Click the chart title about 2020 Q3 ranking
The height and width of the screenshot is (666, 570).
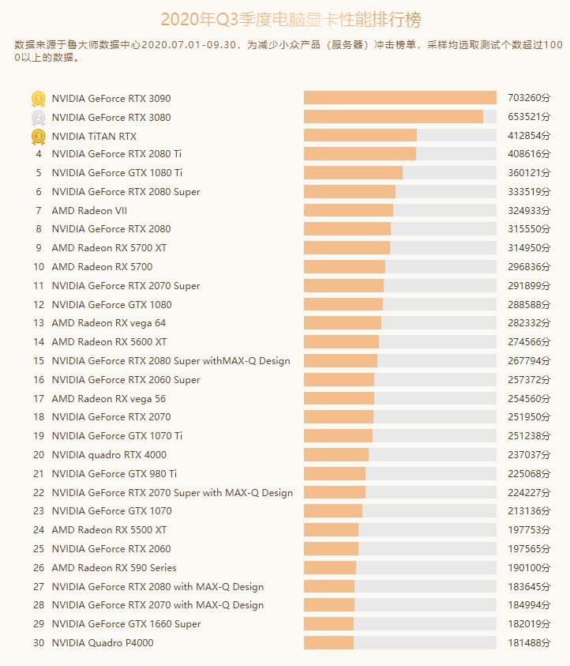285,20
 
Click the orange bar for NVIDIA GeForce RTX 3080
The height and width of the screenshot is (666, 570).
393,117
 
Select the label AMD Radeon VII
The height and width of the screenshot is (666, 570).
89,211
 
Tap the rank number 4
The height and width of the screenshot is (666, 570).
39,154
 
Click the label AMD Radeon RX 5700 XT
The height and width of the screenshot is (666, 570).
109,248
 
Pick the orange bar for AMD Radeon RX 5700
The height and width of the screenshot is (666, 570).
344,267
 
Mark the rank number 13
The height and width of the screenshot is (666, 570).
39,323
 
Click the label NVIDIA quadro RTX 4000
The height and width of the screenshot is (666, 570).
109,455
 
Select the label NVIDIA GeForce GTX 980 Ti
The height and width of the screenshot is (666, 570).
114,474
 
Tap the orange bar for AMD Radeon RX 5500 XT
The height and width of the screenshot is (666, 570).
331,530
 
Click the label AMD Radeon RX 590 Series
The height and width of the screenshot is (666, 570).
114,568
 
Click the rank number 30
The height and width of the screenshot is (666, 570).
39,643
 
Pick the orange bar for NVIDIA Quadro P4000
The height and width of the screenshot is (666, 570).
328,643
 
